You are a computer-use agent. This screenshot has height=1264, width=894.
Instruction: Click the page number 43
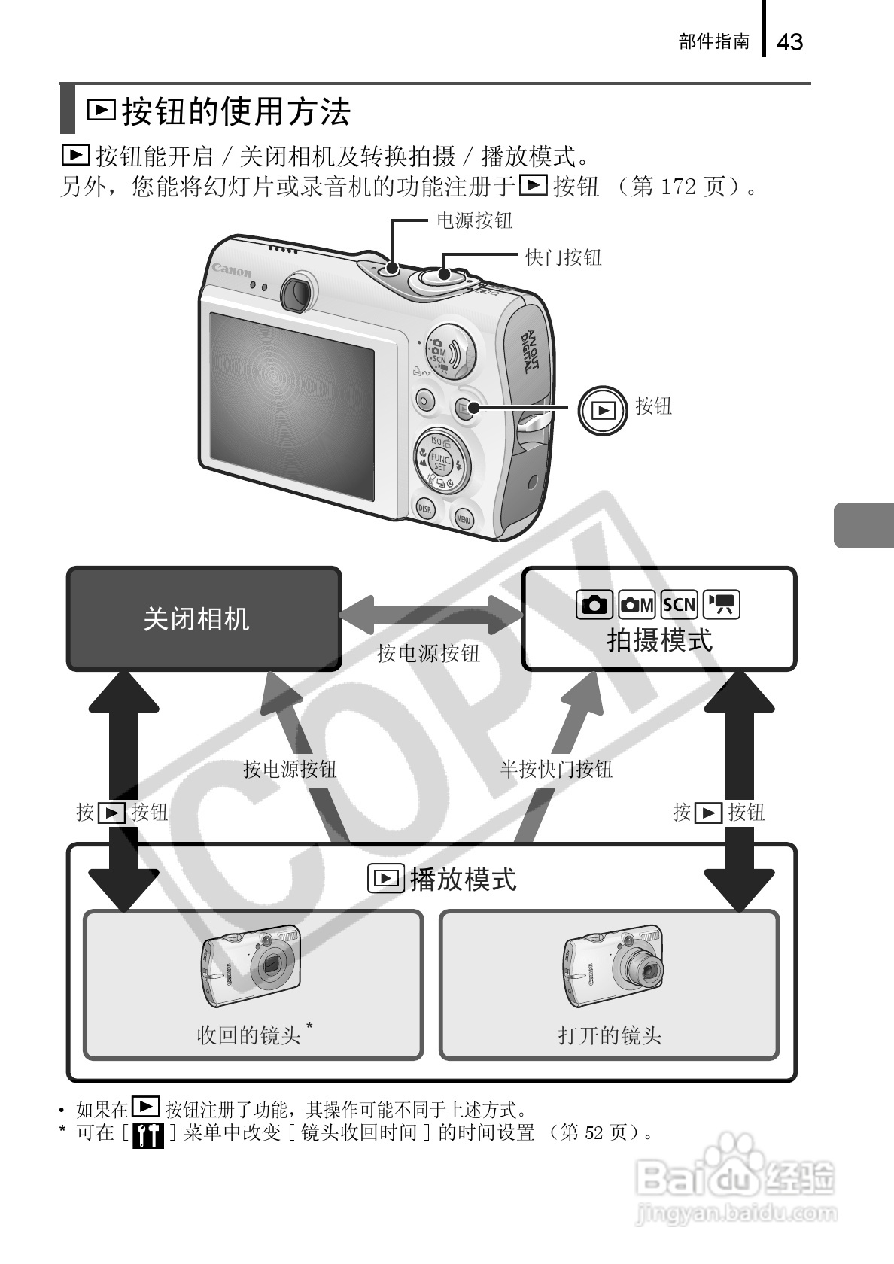(789, 42)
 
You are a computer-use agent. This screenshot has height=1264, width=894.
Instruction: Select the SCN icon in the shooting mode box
(679, 604)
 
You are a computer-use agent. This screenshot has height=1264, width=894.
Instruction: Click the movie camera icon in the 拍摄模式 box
(722, 604)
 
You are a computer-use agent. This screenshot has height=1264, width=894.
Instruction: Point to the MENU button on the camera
(464, 518)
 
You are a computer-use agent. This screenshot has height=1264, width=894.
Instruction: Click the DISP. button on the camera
(426, 509)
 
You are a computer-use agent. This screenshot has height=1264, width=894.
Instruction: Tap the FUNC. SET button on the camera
(440, 462)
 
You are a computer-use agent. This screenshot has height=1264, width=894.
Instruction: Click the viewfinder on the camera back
(298, 292)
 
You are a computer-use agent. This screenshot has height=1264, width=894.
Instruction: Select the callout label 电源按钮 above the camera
(475, 220)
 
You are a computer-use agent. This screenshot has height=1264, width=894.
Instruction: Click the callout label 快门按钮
(563, 257)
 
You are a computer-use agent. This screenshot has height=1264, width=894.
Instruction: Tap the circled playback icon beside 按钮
(603, 410)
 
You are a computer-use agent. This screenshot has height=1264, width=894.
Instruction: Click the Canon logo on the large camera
(232, 269)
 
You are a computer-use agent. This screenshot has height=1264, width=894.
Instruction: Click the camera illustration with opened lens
(613, 967)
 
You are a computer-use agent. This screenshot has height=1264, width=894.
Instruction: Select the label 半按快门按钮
(556, 769)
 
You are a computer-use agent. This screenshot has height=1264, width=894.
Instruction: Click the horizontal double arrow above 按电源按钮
(431, 614)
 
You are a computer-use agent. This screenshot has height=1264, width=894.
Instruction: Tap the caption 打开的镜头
(610, 1035)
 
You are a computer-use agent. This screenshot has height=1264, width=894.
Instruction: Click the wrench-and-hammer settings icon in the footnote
(147, 1135)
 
